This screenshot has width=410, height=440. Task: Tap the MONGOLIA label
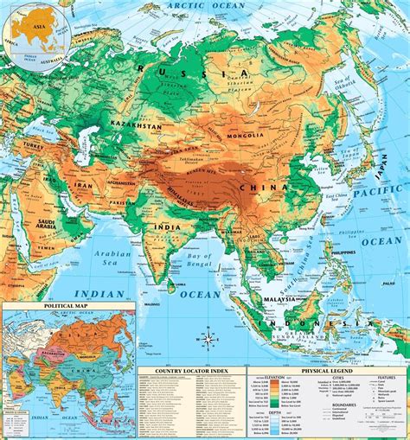247,137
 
